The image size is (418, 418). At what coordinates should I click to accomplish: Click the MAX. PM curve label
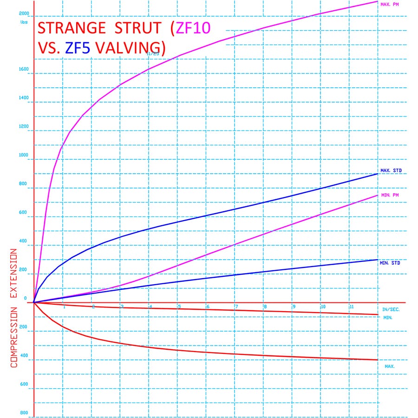(389, 5)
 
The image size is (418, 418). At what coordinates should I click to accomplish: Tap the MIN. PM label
(389, 195)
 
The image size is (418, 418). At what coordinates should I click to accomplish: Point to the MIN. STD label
(390, 263)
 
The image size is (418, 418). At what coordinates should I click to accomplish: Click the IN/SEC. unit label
(391, 309)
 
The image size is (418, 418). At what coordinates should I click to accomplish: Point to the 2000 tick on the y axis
(24, 13)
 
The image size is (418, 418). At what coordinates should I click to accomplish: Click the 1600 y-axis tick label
(23, 70)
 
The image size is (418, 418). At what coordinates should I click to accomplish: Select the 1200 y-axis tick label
(23, 127)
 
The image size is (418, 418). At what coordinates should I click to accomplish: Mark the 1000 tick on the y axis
(23, 156)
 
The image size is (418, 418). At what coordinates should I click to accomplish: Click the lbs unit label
(24, 22)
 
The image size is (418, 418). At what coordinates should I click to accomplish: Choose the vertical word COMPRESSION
(13, 337)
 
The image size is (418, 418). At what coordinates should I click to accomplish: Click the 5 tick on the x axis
(179, 307)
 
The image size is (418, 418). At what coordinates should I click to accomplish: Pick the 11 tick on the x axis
(351, 307)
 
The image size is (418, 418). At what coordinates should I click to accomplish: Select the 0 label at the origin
(26, 299)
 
